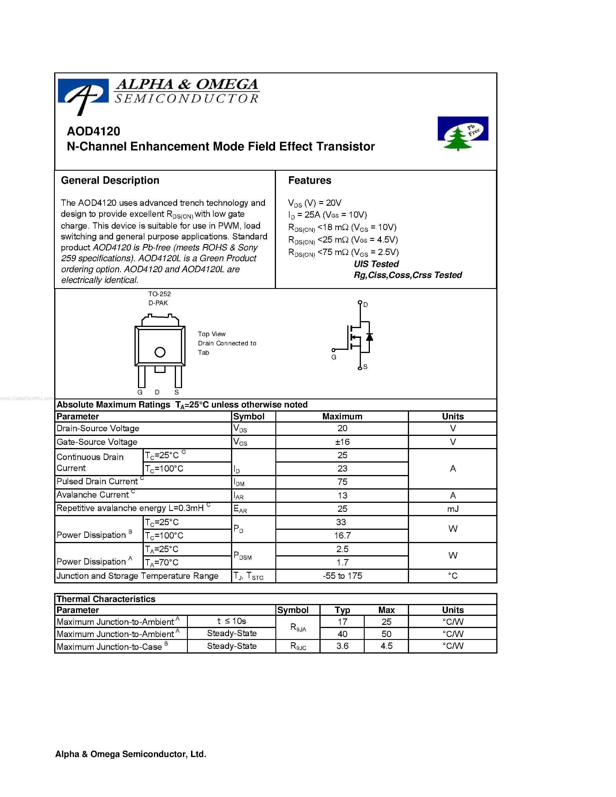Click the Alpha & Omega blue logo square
[x=83, y=91]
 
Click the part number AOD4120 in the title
[x=93, y=131]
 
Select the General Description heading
[x=110, y=180]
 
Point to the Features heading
[x=310, y=180]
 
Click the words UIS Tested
[x=376, y=264]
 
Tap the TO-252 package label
[x=159, y=294]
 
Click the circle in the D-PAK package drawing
[x=160, y=352]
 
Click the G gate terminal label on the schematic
[x=334, y=357]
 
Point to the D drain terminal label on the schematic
[x=365, y=305]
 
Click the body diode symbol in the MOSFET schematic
[x=369, y=337]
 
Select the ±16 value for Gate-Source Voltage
[x=342, y=442]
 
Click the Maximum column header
[x=342, y=416]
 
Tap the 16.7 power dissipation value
[x=342, y=536]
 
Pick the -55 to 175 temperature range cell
[x=342, y=576]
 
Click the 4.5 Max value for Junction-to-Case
[x=386, y=646]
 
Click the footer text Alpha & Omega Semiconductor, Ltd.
[x=131, y=754]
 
